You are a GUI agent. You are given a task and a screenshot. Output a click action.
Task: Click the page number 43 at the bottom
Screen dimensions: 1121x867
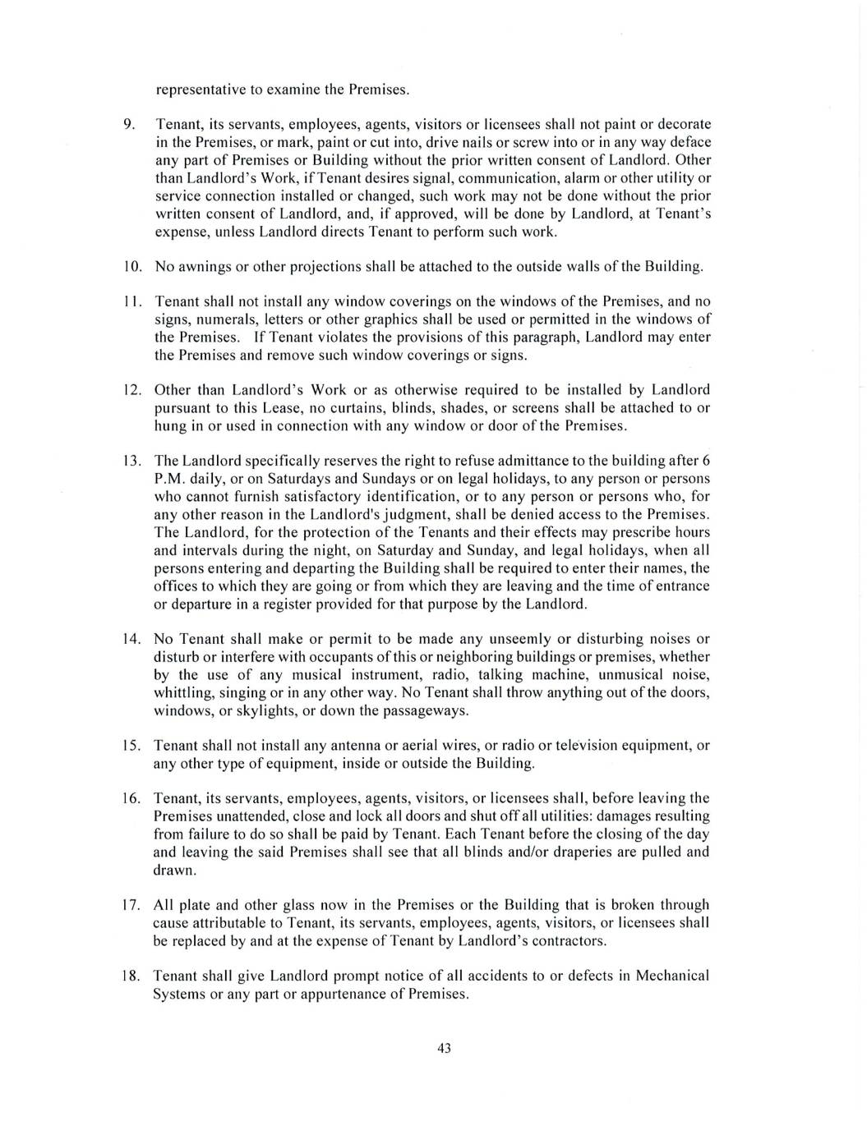pyautogui.click(x=445, y=1048)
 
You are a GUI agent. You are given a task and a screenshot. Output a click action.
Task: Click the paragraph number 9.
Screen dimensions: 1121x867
pyautogui.click(x=129, y=124)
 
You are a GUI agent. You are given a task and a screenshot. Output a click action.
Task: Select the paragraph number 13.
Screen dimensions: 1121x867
pyautogui.click(x=133, y=461)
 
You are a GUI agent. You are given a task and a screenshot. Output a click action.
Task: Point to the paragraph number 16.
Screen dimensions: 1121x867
pyautogui.click(x=133, y=798)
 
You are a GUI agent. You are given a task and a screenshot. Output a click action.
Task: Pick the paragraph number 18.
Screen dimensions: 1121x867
pyautogui.click(x=133, y=976)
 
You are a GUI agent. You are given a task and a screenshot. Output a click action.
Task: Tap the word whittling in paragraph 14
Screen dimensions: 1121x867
pyautogui.click(x=182, y=692)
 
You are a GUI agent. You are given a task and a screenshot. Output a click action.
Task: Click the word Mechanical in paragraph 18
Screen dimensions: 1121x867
pyautogui.click(x=669, y=976)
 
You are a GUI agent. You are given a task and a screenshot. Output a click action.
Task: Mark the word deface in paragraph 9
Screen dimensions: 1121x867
pyautogui.click(x=690, y=142)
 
